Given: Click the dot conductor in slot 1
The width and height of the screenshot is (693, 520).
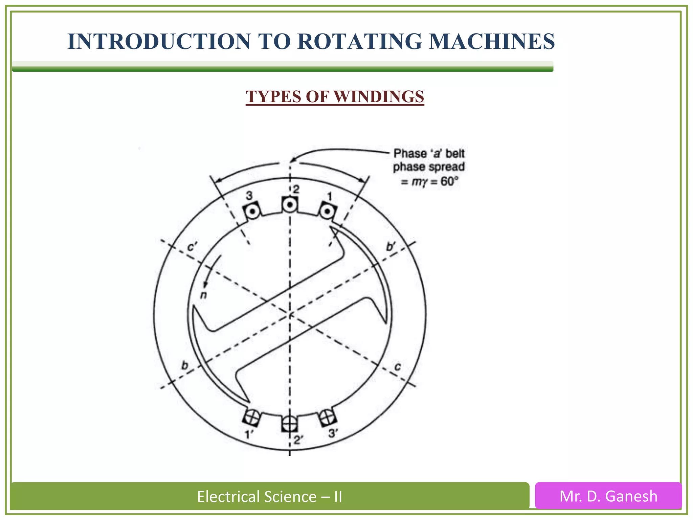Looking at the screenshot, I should click(327, 212).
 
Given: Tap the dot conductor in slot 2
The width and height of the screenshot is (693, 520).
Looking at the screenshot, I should click(290, 204).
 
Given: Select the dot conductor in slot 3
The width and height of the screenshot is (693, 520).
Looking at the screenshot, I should click(252, 212).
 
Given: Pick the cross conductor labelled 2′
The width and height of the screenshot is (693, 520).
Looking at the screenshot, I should click(290, 424).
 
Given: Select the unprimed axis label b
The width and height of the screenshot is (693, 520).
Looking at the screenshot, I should click(185, 366).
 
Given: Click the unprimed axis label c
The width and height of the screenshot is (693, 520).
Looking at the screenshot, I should click(398, 367).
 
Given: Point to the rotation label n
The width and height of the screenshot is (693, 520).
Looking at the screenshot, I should click(203, 295).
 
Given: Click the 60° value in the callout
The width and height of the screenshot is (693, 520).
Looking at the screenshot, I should click(449, 181).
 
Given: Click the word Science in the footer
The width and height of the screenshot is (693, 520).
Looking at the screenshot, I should click(290, 497).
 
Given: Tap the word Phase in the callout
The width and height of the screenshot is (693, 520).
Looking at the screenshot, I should click(410, 154).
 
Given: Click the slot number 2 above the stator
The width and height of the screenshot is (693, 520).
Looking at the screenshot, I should click(296, 190).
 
